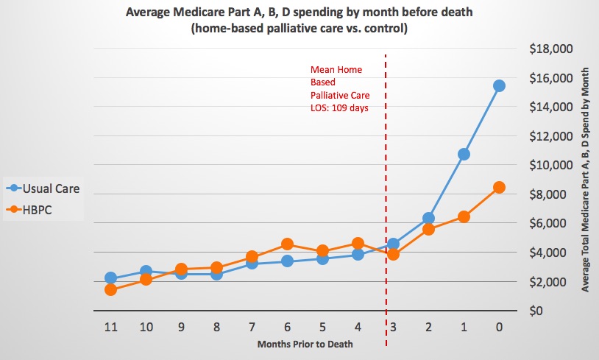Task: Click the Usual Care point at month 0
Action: (x=499, y=85)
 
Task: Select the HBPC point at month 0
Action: (x=499, y=187)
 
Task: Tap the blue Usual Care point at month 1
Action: (x=464, y=154)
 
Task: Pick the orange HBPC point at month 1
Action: (x=464, y=216)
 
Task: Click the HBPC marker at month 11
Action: (x=110, y=289)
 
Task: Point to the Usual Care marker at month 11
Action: (x=110, y=278)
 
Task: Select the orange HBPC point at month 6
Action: (x=287, y=244)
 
